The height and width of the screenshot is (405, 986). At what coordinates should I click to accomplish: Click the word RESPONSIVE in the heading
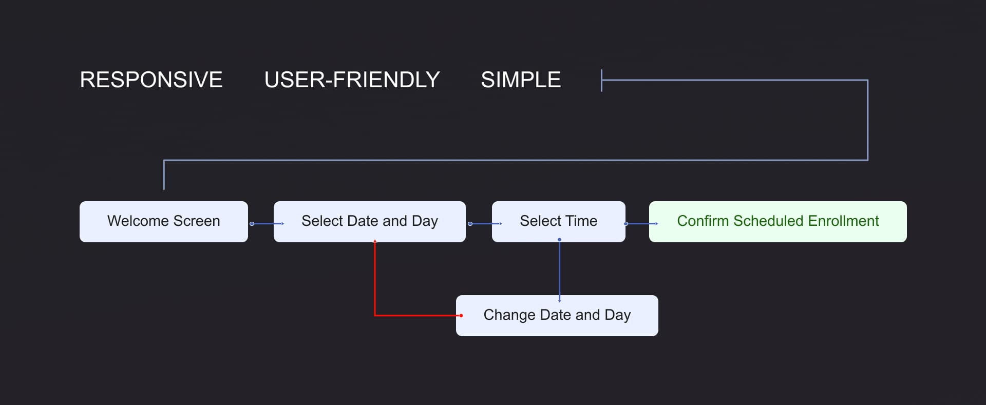151,80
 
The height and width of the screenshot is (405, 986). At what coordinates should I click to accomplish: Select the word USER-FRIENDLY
352,80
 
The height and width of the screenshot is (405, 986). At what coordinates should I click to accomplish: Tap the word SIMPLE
521,80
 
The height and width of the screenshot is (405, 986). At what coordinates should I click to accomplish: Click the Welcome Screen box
164,222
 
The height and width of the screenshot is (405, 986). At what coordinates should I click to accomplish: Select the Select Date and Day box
370,222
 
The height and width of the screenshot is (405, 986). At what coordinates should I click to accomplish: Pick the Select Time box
559,222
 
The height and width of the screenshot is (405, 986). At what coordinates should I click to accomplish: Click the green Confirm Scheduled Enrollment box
778,222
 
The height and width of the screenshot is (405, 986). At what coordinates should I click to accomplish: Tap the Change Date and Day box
557,316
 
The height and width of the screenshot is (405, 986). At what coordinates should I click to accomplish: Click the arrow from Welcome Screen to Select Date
267,224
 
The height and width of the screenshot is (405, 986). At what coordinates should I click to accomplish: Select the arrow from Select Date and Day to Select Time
485,224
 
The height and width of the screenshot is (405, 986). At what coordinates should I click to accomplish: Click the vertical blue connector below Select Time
559,270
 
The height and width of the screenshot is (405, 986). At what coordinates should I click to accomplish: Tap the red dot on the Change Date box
461,315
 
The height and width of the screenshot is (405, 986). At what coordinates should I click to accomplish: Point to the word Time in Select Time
581,221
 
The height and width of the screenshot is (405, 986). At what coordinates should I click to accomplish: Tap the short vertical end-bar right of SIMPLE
601,81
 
